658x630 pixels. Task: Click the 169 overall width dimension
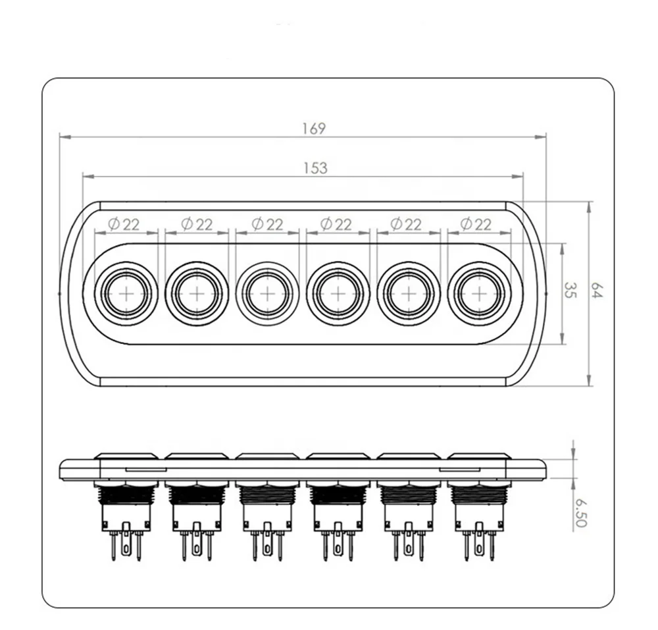(315, 129)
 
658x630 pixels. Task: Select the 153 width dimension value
(315, 168)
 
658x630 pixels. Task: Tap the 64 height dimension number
(597, 291)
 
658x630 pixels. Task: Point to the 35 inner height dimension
(569, 290)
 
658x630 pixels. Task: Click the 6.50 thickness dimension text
(580, 513)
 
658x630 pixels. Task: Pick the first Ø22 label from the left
(124, 224)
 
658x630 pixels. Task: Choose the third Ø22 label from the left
(267, 224)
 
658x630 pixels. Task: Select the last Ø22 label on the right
(476, 224)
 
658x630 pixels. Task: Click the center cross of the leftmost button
(126, 294)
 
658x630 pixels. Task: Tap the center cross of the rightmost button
(479, 294)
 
